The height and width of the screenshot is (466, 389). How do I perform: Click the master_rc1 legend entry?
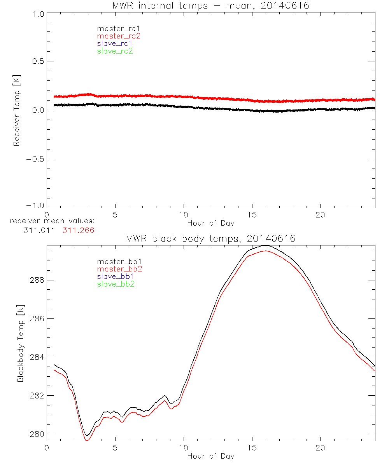115,28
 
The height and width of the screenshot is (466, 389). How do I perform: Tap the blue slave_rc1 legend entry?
115,43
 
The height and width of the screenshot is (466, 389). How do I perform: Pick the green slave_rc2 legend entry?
115,51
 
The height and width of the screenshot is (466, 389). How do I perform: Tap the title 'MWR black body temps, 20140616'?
210,238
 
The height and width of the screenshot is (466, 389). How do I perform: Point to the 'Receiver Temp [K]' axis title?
17,110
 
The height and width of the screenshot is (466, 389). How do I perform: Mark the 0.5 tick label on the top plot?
37,61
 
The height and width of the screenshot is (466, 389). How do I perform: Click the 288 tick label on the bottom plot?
36,280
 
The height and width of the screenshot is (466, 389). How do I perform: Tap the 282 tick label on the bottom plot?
36,395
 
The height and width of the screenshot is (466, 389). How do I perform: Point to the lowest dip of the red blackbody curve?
87,440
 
